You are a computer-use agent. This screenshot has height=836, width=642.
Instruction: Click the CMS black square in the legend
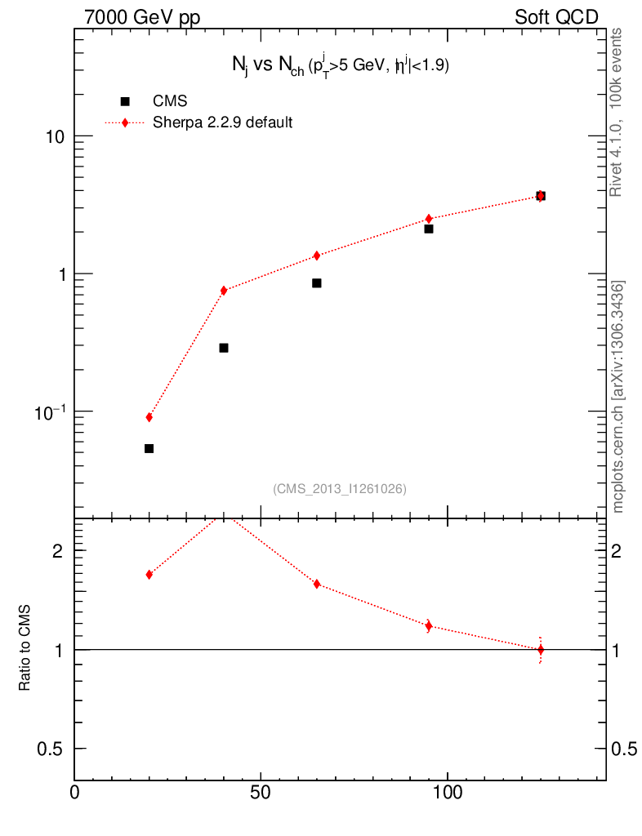pos(125,101)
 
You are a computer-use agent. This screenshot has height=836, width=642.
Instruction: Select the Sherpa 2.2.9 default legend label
pos(223,123)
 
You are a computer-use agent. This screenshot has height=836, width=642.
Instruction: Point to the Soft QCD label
pos(556,17)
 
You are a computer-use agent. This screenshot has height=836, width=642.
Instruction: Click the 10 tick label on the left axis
pos(54,136)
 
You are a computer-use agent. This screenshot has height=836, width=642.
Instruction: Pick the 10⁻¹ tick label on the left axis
pos(49,411)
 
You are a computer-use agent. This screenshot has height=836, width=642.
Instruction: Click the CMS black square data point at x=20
pos(149,448)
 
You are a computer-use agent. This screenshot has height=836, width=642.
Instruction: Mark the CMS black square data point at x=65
pos(316,283)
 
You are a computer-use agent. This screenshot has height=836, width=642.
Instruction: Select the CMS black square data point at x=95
pos(428,229)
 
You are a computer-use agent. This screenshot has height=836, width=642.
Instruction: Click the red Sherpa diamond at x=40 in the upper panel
pos(223,291)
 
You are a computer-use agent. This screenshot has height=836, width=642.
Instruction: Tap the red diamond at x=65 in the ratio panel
pos(316,584)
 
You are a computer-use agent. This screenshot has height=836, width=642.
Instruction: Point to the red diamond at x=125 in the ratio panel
pos(540,650)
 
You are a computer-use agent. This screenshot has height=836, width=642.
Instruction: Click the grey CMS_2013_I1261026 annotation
pos(340,489)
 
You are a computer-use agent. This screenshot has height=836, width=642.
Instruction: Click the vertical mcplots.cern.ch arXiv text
pos(619,397)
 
